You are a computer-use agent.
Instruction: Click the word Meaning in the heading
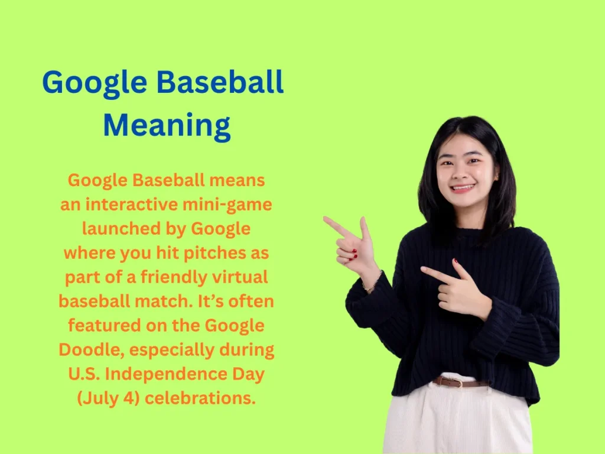pyautogui.click(x=167, y=126)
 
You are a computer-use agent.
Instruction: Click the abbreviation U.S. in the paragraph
pyautogui.click(x=86, y=374)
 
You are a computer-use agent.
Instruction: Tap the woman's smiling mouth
pyautogui.click(x=463, y=188)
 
